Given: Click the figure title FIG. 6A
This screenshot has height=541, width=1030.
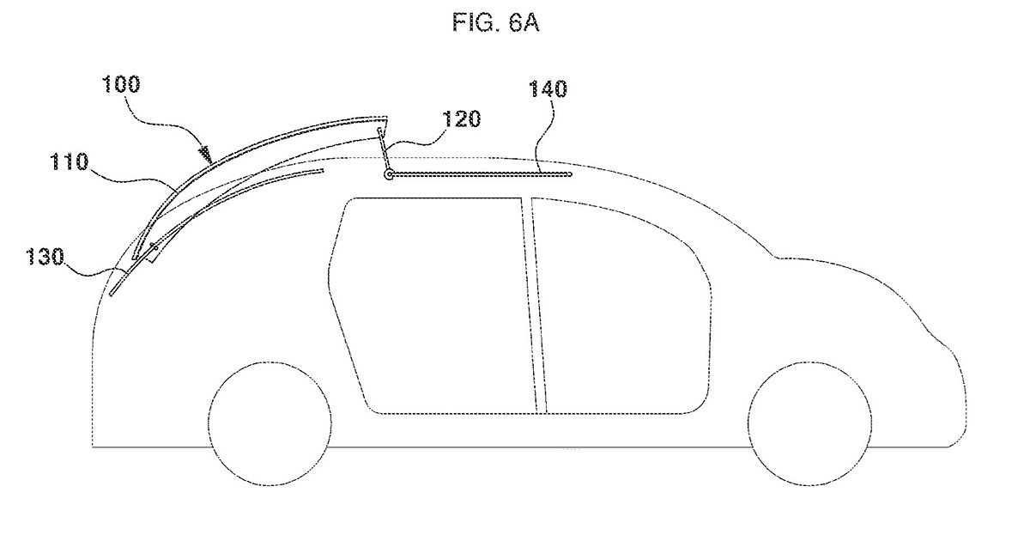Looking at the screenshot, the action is [x=496, y=22].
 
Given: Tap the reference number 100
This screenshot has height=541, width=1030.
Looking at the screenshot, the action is [x=121, y=85].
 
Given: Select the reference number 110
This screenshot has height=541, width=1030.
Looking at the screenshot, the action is [x=69, y=162].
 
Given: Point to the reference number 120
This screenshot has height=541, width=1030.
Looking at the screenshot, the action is [x=462, y=119].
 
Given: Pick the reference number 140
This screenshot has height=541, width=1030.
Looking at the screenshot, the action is [x=548, y=88].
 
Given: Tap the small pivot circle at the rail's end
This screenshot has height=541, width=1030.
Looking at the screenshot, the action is [x=389, y=175].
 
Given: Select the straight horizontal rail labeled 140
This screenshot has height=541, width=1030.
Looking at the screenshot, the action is [x=480, y=174].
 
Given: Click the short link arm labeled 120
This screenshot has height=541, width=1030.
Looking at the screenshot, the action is [x=384, y=149].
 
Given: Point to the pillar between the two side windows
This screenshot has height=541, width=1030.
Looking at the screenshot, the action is [x=533, y=305].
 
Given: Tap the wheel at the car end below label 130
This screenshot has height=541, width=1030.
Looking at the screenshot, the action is [x=270, y=423].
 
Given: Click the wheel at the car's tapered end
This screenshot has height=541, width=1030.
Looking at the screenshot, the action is [x=810, y=423].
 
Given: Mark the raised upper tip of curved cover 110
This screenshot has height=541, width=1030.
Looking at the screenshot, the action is [x=386, y=118].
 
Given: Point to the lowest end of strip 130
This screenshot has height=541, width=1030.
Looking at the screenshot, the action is [x=112, y=295].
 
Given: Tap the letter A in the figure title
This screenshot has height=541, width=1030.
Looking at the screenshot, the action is [x=531, y=22].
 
